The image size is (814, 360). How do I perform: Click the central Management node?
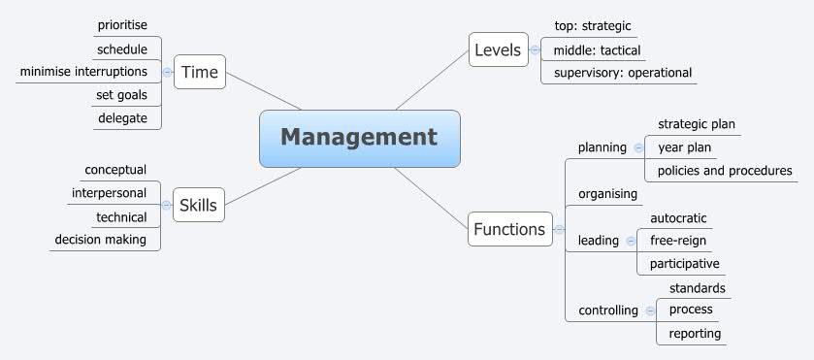[359, 138]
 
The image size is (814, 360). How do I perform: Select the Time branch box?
[200, 73]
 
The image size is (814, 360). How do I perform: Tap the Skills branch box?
[198, 205]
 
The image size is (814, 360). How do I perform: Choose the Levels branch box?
[498, 49]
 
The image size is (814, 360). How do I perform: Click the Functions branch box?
[508, 230]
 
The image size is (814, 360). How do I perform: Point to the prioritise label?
[122, 24]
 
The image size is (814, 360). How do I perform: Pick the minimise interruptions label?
[84, 72]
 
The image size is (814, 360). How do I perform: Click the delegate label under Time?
[122, 118]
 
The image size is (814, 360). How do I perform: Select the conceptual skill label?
[115, 170]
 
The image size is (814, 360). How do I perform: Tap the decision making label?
[101, 240]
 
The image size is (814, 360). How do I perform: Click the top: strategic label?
[592, 26]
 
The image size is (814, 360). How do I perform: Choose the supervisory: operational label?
[623, 73]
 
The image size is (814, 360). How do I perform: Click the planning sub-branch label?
[602, 147]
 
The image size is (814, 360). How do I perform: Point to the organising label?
[607, 193]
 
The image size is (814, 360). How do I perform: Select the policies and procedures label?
[725, 171]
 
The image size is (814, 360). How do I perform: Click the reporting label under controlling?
[695, 333]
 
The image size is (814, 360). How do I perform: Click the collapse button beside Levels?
[535, 49]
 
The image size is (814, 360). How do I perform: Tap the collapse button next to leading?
[631, 240]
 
